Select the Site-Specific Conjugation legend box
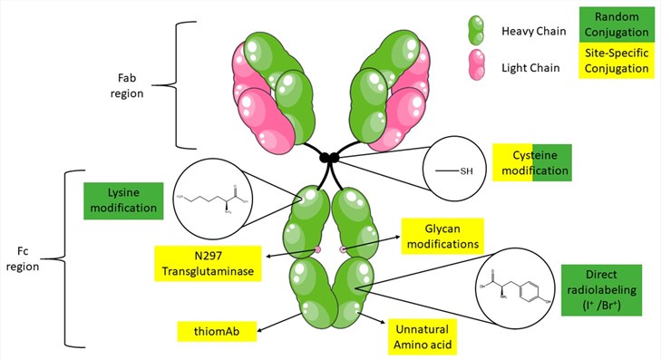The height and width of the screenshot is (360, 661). point(617,61)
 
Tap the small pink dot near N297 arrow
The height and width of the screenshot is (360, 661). point(317,248)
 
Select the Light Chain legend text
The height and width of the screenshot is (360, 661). point(530,66)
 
